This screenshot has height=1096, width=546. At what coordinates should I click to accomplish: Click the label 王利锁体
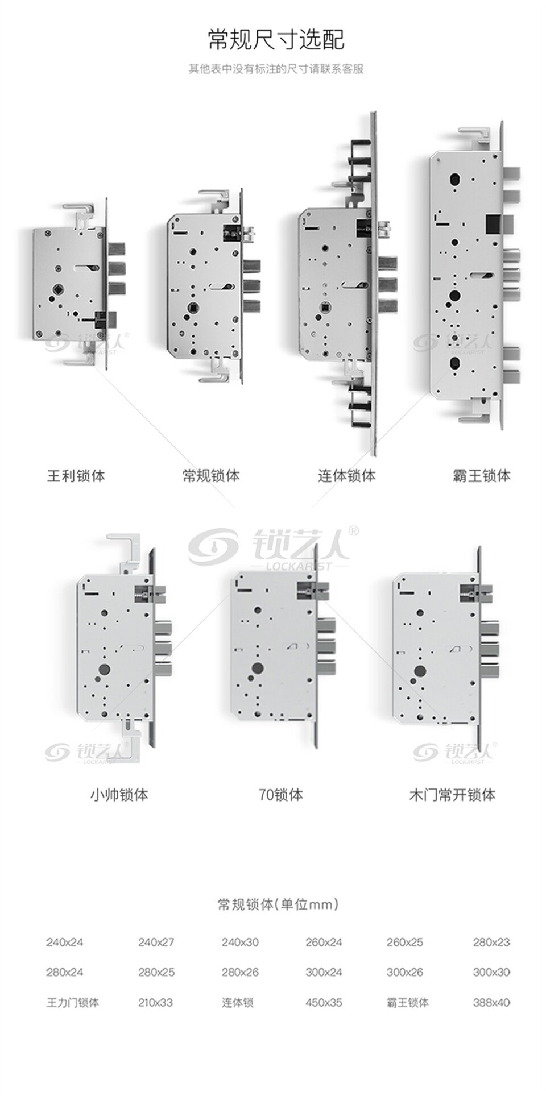76,476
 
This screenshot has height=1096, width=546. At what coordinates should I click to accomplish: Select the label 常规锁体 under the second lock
211,476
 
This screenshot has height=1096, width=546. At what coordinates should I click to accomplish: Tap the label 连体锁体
346,476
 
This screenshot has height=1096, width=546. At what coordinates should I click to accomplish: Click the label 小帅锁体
119,795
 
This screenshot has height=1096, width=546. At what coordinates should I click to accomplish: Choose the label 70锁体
281,795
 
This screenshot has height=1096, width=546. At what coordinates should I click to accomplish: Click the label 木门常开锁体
452,795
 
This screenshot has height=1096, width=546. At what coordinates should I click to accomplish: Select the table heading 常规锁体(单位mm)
278,904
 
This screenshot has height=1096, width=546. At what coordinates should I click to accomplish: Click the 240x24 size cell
64,943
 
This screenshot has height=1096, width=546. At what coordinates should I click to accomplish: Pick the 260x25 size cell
405,943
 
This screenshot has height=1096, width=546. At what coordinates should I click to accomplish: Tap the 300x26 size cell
405,972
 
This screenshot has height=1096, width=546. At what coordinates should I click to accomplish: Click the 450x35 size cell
324,1003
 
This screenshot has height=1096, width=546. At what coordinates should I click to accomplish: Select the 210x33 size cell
155,1003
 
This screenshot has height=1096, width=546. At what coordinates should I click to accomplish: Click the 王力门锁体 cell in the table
72,1003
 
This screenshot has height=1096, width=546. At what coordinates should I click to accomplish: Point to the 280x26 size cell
240,972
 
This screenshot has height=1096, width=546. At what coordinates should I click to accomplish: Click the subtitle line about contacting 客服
276,69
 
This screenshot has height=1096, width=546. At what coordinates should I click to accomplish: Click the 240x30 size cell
240,943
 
